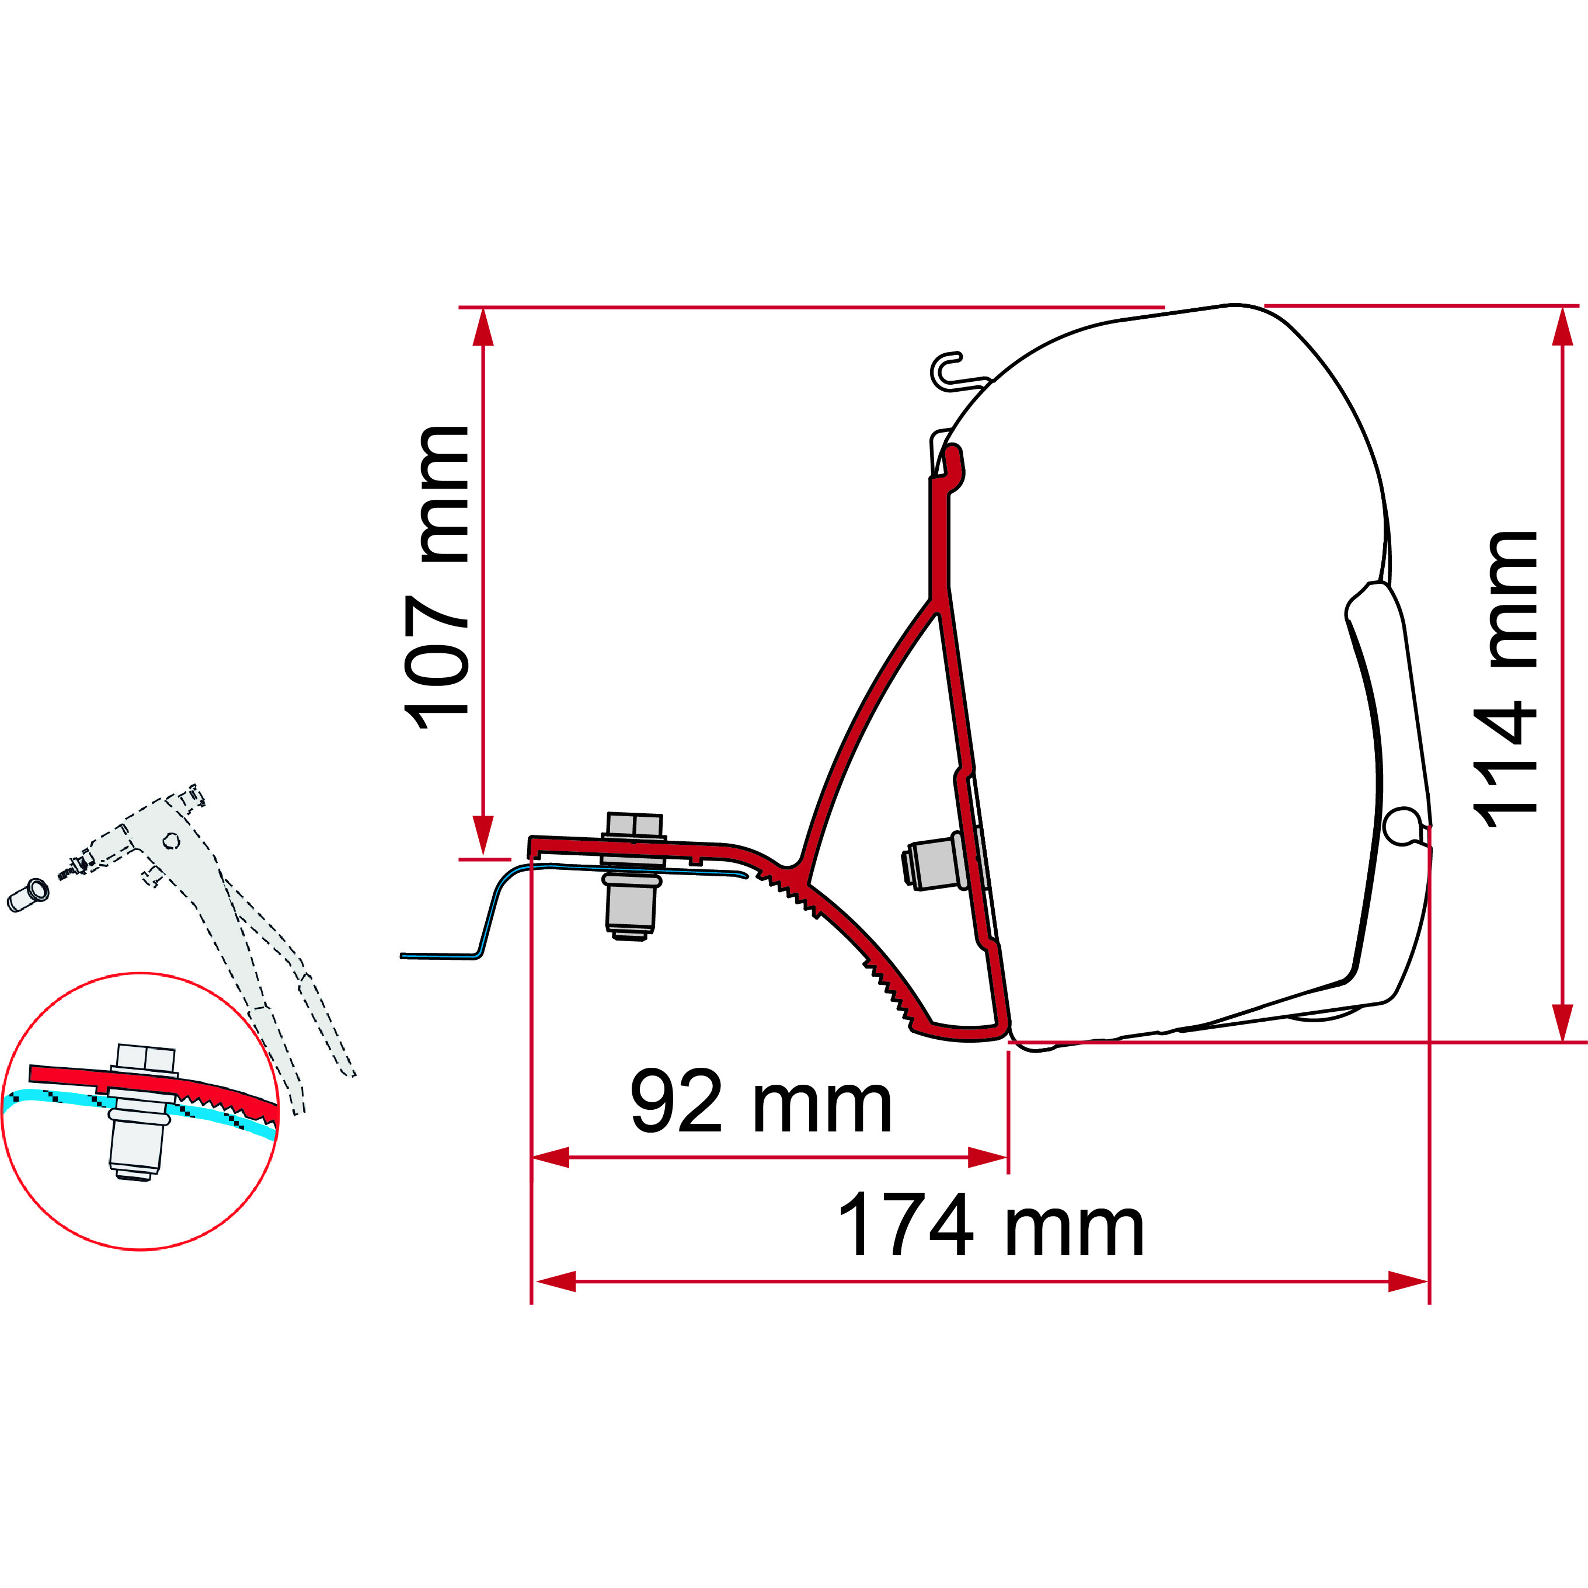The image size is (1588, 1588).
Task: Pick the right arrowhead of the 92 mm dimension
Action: [987, 1157]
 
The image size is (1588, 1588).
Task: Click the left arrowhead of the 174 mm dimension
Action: [554, 1281]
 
